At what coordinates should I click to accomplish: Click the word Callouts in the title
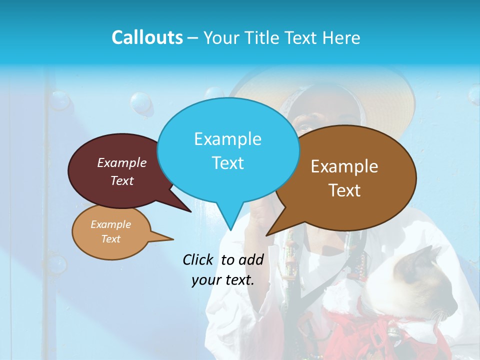pos(147,37)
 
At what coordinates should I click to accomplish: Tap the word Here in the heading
pos(340,37)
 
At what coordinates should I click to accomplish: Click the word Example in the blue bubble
pos(227,139)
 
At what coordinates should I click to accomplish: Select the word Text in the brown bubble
pos(344,190)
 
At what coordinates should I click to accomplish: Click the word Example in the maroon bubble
pos(121,162)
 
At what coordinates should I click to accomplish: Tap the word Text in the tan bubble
pos(110,239)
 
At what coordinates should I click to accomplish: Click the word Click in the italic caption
pos(198,259)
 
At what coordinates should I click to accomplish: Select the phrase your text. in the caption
pos(222,280)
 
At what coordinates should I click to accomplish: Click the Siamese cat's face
pos(430,280)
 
